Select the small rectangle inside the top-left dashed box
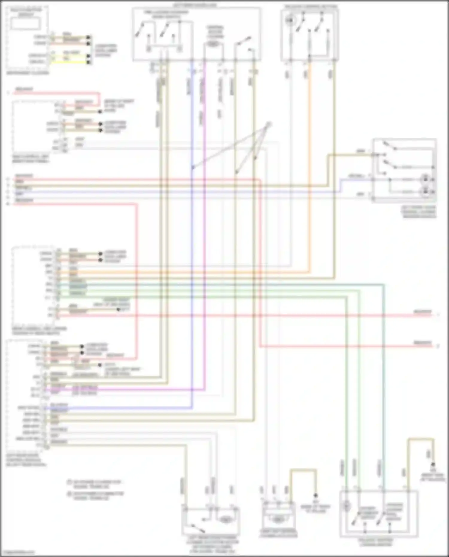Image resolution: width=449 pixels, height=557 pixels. (x=26, y=23)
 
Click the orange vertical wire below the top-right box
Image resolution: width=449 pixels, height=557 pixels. (x=309, y=150)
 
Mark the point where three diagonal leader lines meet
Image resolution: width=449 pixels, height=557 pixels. (x=269, y=124)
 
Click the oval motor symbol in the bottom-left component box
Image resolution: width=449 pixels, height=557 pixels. (x=225, y=520)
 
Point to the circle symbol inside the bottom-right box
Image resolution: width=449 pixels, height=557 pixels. (x=346, y=506)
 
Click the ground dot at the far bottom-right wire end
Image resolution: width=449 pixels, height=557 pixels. (x=433, y=465)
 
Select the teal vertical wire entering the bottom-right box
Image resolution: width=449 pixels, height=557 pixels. (x=383, y=389)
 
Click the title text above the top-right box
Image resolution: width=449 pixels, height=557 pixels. (x=310, y=6)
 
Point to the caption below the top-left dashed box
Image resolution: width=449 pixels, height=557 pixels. (x=28, y=73)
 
